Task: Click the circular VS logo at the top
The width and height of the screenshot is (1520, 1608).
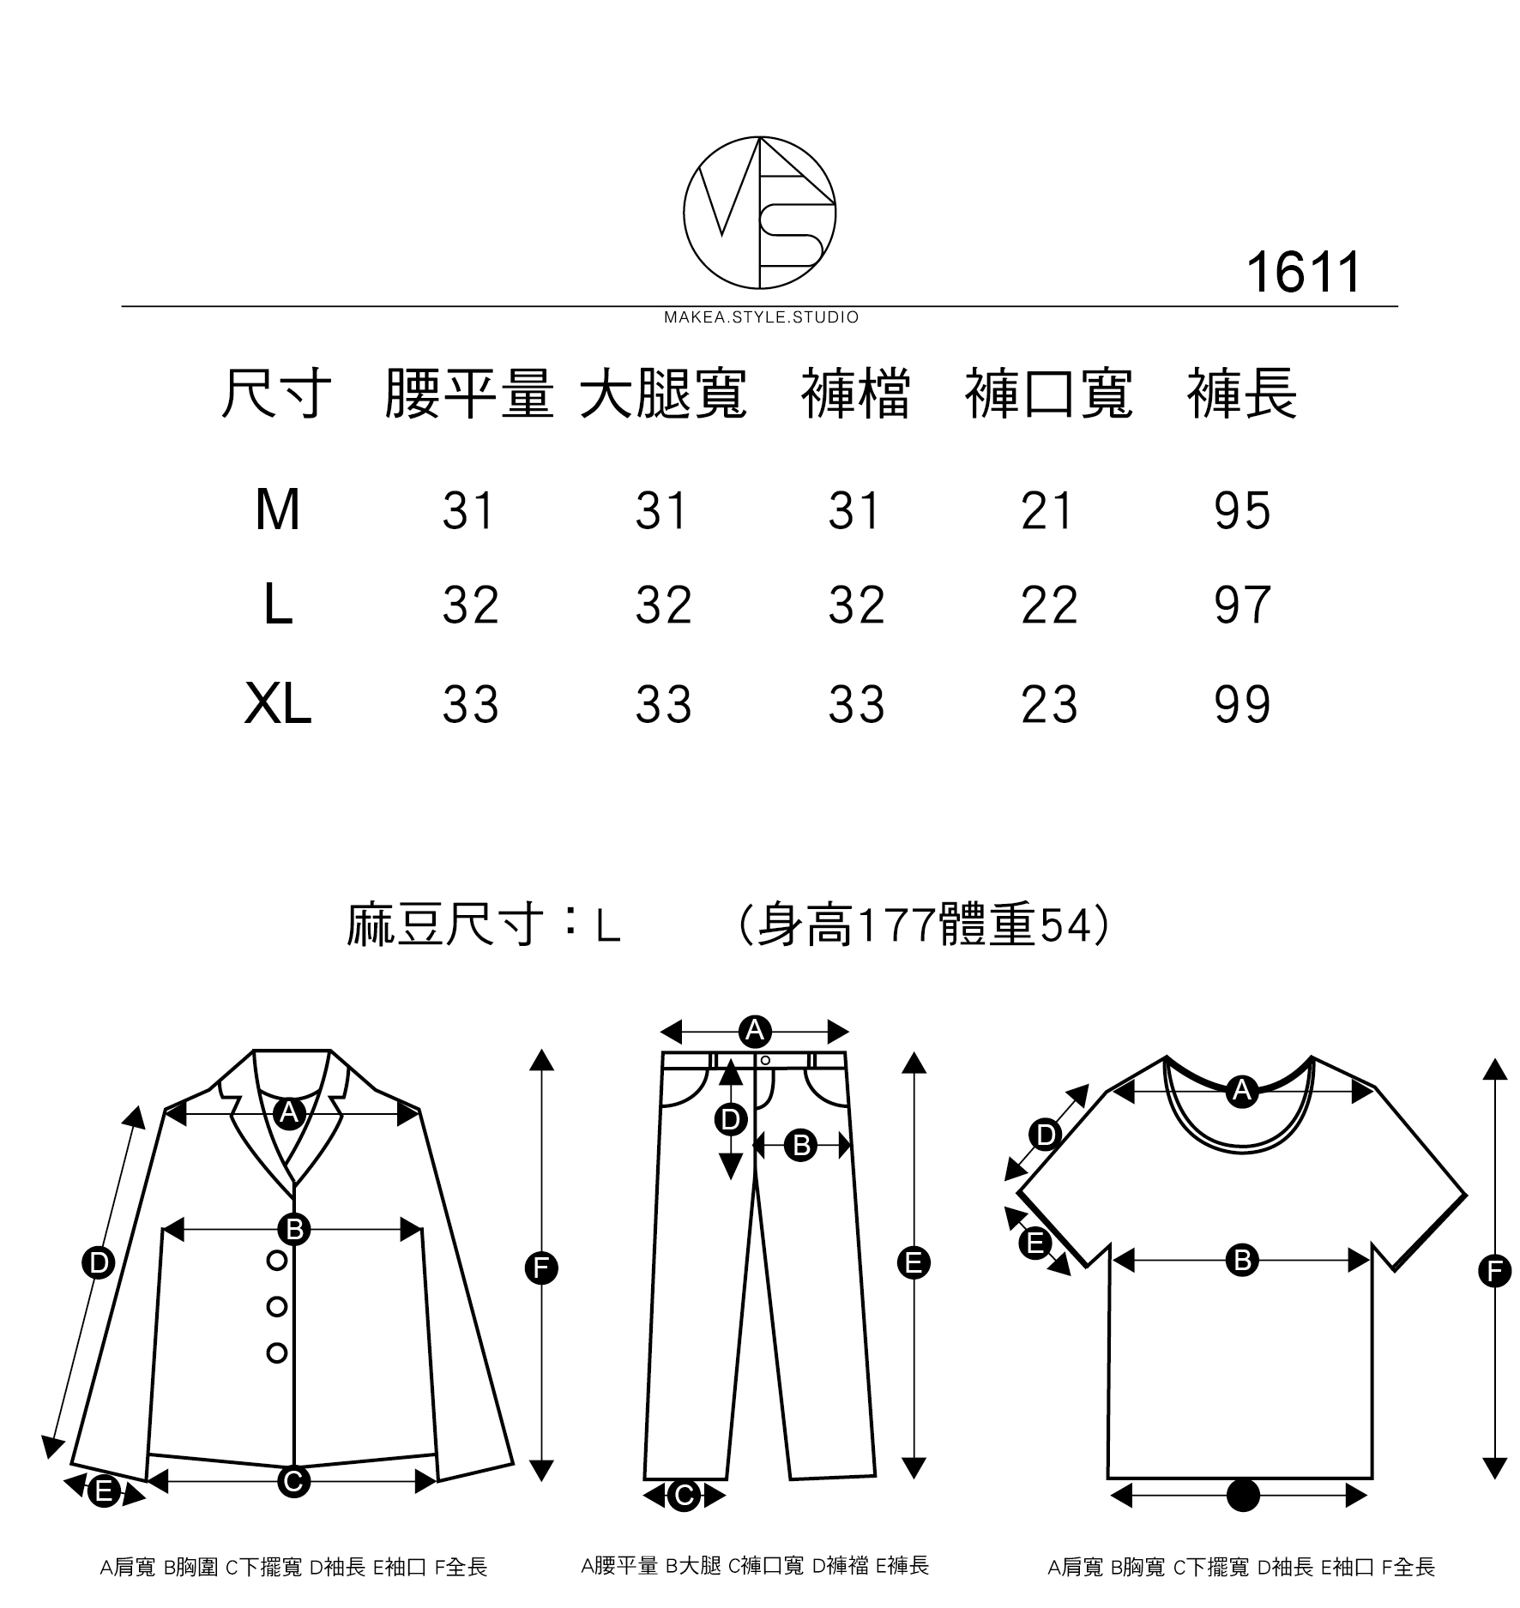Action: tap(759, 212)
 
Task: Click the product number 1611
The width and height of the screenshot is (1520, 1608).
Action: tap(1302, 274)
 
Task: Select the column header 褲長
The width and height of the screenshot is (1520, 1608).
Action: tap(1241, 395)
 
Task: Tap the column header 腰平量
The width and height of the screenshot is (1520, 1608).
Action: tap(468, 395)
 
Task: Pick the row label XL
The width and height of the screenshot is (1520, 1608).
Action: tap(277, 705)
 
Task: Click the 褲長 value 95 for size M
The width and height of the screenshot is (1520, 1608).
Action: tap(1241, 511)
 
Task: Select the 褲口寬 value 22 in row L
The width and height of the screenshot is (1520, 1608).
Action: tap(1048, 605)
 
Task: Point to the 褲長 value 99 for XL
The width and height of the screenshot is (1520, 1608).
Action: tap(1241, 705)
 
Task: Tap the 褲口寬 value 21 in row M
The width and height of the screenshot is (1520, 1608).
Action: tap(1047, 511)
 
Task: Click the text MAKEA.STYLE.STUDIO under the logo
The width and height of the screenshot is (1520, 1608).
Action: tap(761, 318)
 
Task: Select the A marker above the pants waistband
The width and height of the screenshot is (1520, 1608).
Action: tap(755, 1031)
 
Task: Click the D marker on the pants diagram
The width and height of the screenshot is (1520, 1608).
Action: tap(730, 1119)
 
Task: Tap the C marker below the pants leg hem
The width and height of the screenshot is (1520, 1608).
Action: tap(684, 1496)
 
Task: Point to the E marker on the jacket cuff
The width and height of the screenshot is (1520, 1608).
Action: tap(104, 1491)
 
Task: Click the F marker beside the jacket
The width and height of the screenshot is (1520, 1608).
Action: tap(541, 1268)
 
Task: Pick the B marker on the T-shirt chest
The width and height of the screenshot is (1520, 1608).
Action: tap(1241, 1261)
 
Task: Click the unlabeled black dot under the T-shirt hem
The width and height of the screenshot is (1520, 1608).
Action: tap(1243, 1496)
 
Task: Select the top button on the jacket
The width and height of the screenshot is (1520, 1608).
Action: tap(277, 1260)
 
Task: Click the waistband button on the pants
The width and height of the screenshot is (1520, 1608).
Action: tap(765, 1061)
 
